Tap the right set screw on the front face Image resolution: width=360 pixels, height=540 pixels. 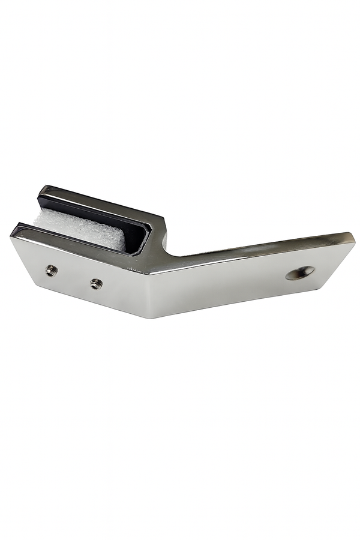[x=95, y=283]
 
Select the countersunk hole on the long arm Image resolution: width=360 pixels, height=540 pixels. [x=300, y=273]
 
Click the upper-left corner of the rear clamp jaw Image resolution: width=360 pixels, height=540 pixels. [x=42, y=188]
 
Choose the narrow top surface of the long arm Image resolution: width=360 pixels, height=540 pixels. [x=264, y=247]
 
